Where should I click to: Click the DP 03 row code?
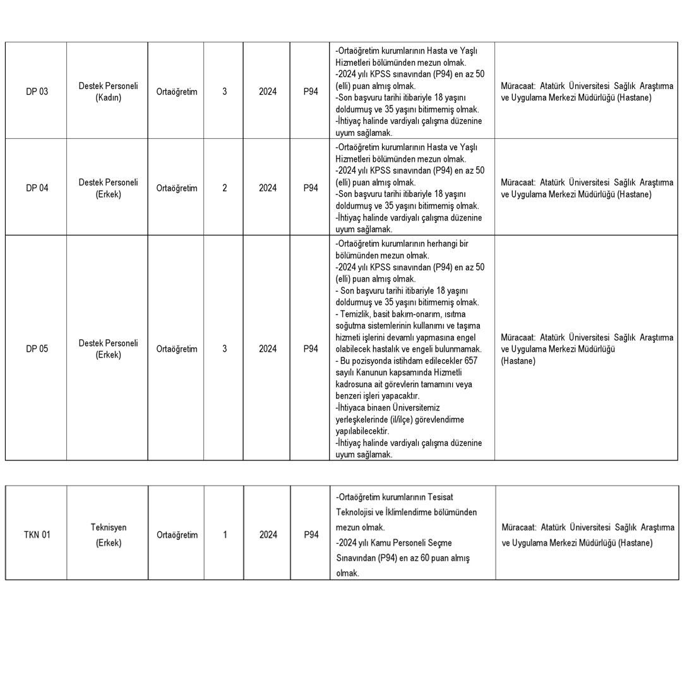tap(37, 92)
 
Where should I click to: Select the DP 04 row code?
tap(37, 188)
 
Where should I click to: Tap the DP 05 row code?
tap(37, 349)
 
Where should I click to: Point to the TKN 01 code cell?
tap(37, 535)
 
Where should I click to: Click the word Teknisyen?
tap(109, 527)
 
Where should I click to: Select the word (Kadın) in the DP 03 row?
tap(108, 98)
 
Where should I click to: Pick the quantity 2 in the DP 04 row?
tap(225, 188)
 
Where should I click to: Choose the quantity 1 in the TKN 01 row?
tap(225, 535)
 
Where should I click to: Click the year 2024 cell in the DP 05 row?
tap(268, 349)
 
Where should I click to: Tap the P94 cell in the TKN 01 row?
tap(311, 535)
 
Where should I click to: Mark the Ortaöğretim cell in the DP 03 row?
tap(177, 92)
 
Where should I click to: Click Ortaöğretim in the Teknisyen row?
tap(177, 535)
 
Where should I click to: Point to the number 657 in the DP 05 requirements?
tap(470, 361)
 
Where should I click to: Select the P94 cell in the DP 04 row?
tap(311, 188)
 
